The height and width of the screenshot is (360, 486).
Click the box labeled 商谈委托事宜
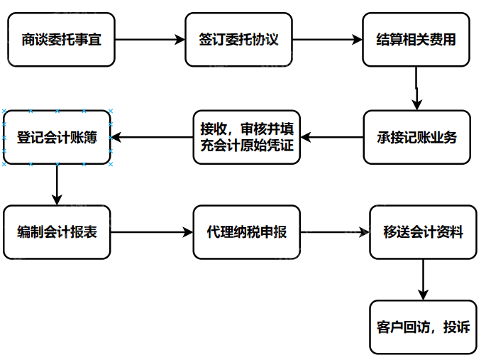61,40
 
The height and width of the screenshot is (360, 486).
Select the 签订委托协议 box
239,40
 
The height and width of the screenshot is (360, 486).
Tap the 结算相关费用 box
416,40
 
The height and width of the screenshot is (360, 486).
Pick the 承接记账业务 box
417,138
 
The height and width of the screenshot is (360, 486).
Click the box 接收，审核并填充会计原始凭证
247,138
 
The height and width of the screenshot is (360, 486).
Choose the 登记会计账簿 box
57,138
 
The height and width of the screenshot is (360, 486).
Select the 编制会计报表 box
57,232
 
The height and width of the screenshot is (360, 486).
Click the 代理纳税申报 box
247,232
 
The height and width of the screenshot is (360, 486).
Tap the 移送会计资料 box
423,232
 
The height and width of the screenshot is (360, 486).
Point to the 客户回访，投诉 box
423,327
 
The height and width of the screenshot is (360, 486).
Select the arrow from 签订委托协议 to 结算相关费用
327,40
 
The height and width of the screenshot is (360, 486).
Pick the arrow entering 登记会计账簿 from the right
152,138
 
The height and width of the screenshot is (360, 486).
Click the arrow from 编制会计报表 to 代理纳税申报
152,232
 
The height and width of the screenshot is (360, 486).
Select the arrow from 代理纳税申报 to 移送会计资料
335,232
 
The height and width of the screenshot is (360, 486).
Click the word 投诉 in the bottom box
455,327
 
